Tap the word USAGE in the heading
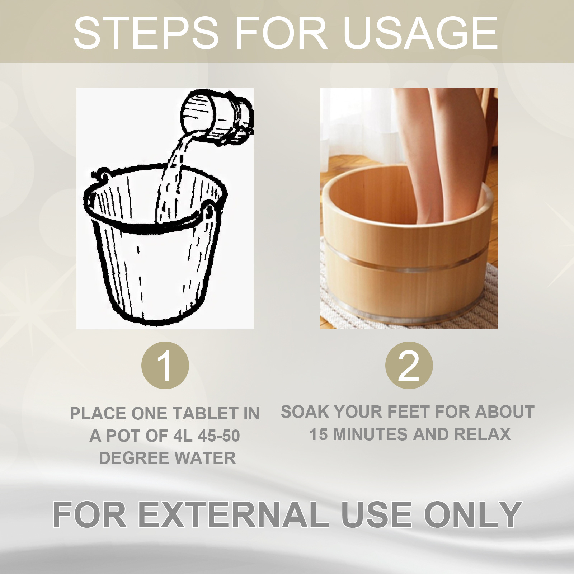point(420,33)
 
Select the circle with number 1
point(165,365)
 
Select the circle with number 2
point(409,365)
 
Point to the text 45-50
point(219,436)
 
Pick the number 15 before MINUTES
point(319,434)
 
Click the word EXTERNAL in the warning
point(233,515)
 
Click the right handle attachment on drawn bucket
point(209,212)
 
